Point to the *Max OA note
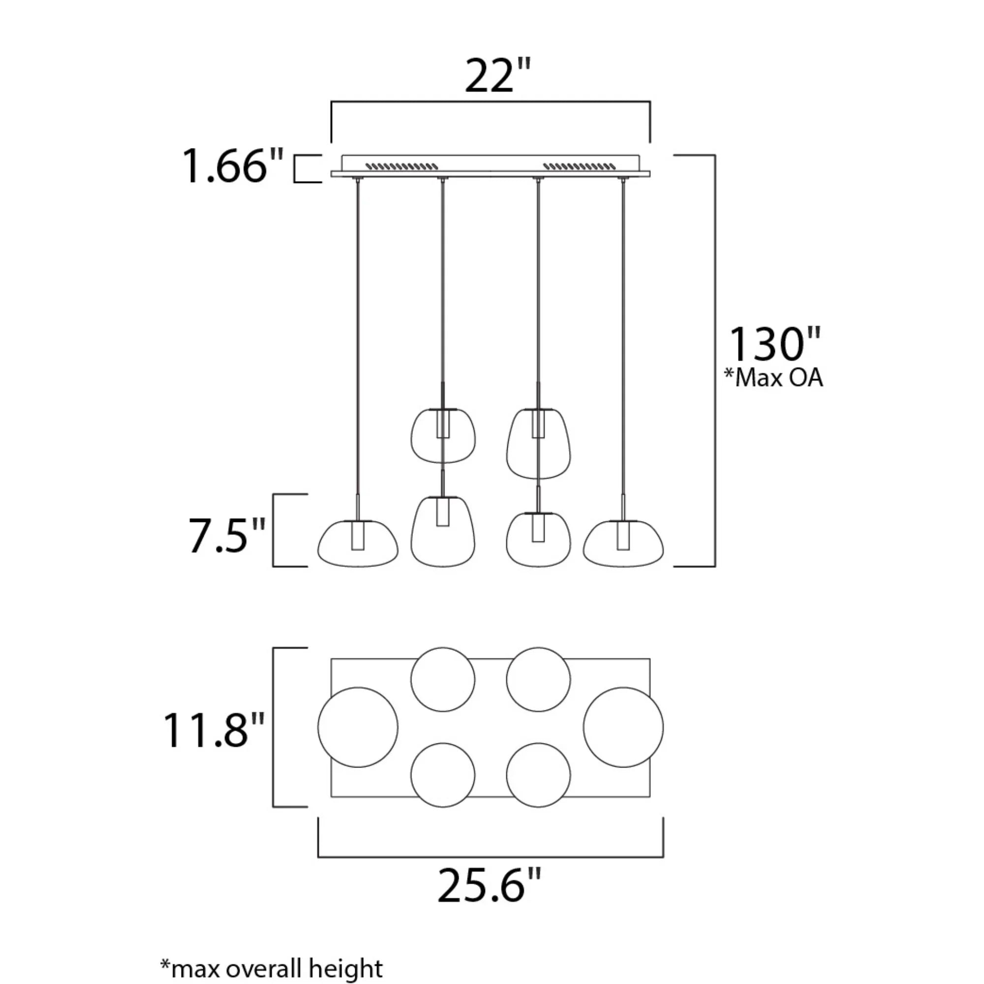click(x=773, y=378)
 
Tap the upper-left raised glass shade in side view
click(x=443, y=436)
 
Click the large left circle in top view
click(x=358, y=727)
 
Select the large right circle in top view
click(x=623, y=727)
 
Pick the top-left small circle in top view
click(x=443, y=679)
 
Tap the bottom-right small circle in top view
click(x=538, y=775)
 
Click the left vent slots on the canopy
click(x=402, y=166)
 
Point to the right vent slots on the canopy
click(x=580, y=166)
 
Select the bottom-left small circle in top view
click(x=443, y=775)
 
